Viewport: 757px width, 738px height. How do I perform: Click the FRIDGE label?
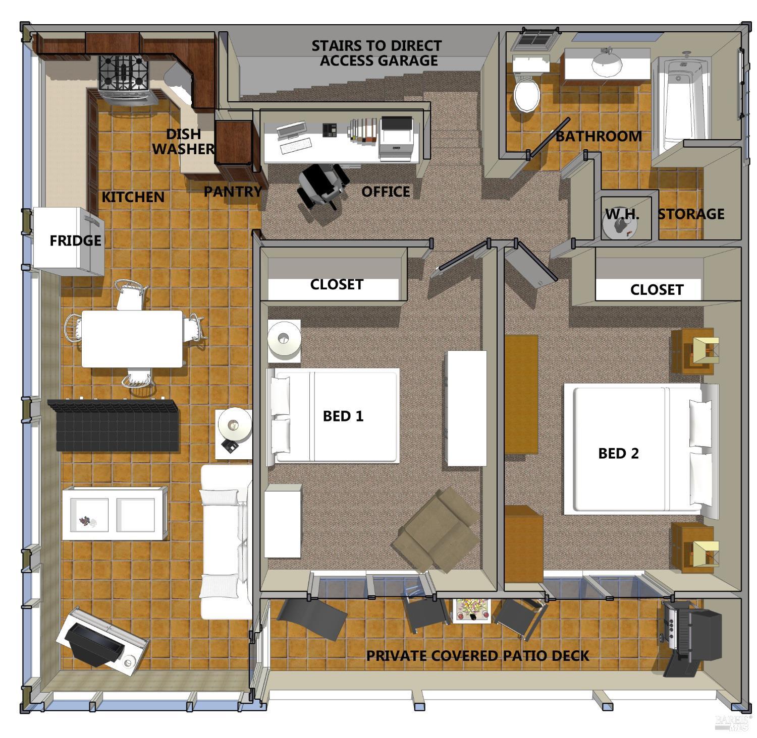click(x=75, y=240)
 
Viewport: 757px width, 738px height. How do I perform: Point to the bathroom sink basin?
click(x=607, y=63)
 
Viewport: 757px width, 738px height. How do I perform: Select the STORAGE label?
click(x=691, y=214)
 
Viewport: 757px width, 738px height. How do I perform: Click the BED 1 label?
click(x=343, y=416)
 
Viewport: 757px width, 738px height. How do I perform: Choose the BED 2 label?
click(x=618, y=453)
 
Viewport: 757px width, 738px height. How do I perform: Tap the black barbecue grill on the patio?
click(x=691, y=638)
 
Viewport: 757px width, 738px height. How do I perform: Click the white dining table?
click(x=132, y=338)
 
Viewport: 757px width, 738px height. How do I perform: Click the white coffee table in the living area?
click(x=115, y=513)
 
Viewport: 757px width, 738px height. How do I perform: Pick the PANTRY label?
click(x=233, y=192)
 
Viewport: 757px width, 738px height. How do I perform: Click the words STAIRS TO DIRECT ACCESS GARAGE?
click(x=376, y=53)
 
